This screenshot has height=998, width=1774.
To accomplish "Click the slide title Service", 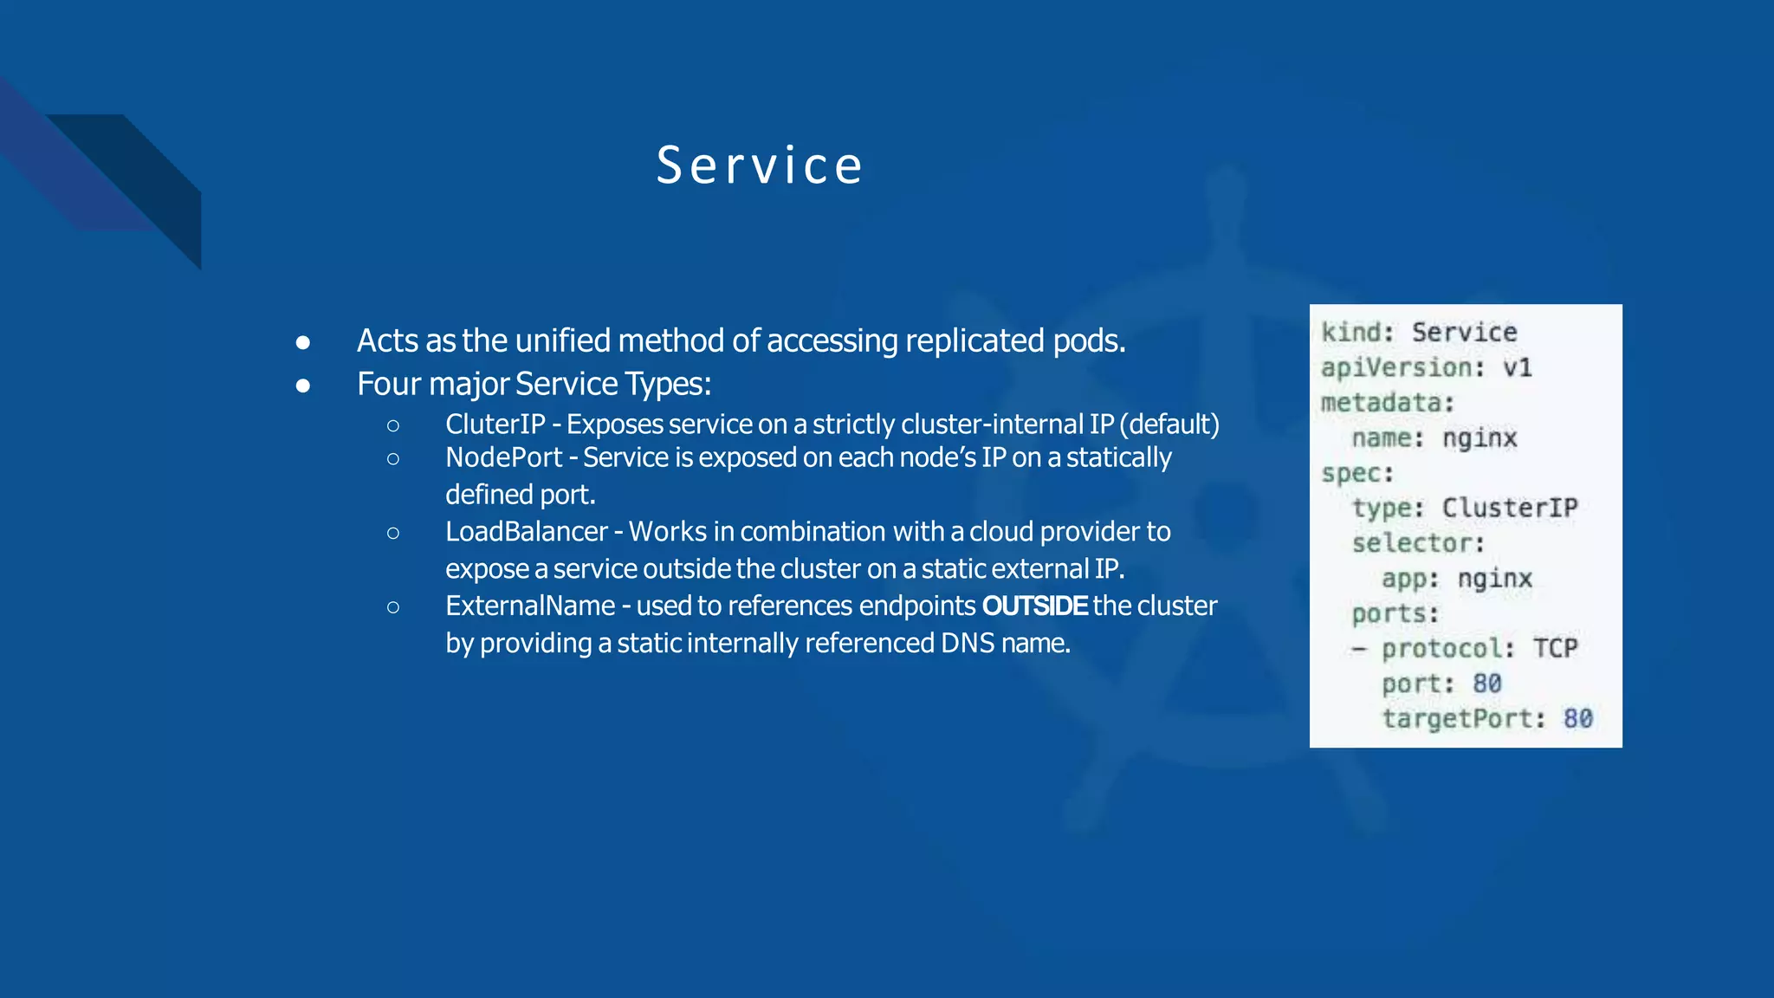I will coord(760,165).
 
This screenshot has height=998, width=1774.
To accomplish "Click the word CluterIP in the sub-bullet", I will coord(495,424).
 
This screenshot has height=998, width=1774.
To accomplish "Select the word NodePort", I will coord(503,457).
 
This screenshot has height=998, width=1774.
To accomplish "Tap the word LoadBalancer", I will coord(526,532).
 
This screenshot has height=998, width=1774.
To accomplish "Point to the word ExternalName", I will coord(529,606).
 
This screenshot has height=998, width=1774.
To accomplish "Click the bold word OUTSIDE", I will coord(1034,606).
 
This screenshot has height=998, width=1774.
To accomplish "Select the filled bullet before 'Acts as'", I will coord(302,343).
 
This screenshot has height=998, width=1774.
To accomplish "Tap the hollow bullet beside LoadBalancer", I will coord(393,533).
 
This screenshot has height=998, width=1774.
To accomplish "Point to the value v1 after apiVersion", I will coord(1517,368).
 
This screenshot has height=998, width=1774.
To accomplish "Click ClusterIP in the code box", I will coord(1509,509).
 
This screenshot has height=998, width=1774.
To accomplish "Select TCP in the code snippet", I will coord(1555,649).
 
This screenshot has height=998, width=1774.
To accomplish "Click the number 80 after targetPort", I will coord(1577,719).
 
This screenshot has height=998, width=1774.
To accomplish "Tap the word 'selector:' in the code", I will coord(1418,544).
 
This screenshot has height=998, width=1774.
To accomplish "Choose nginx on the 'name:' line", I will coord(1479,438).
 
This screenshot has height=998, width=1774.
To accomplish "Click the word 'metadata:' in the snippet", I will coord(1387,403).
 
